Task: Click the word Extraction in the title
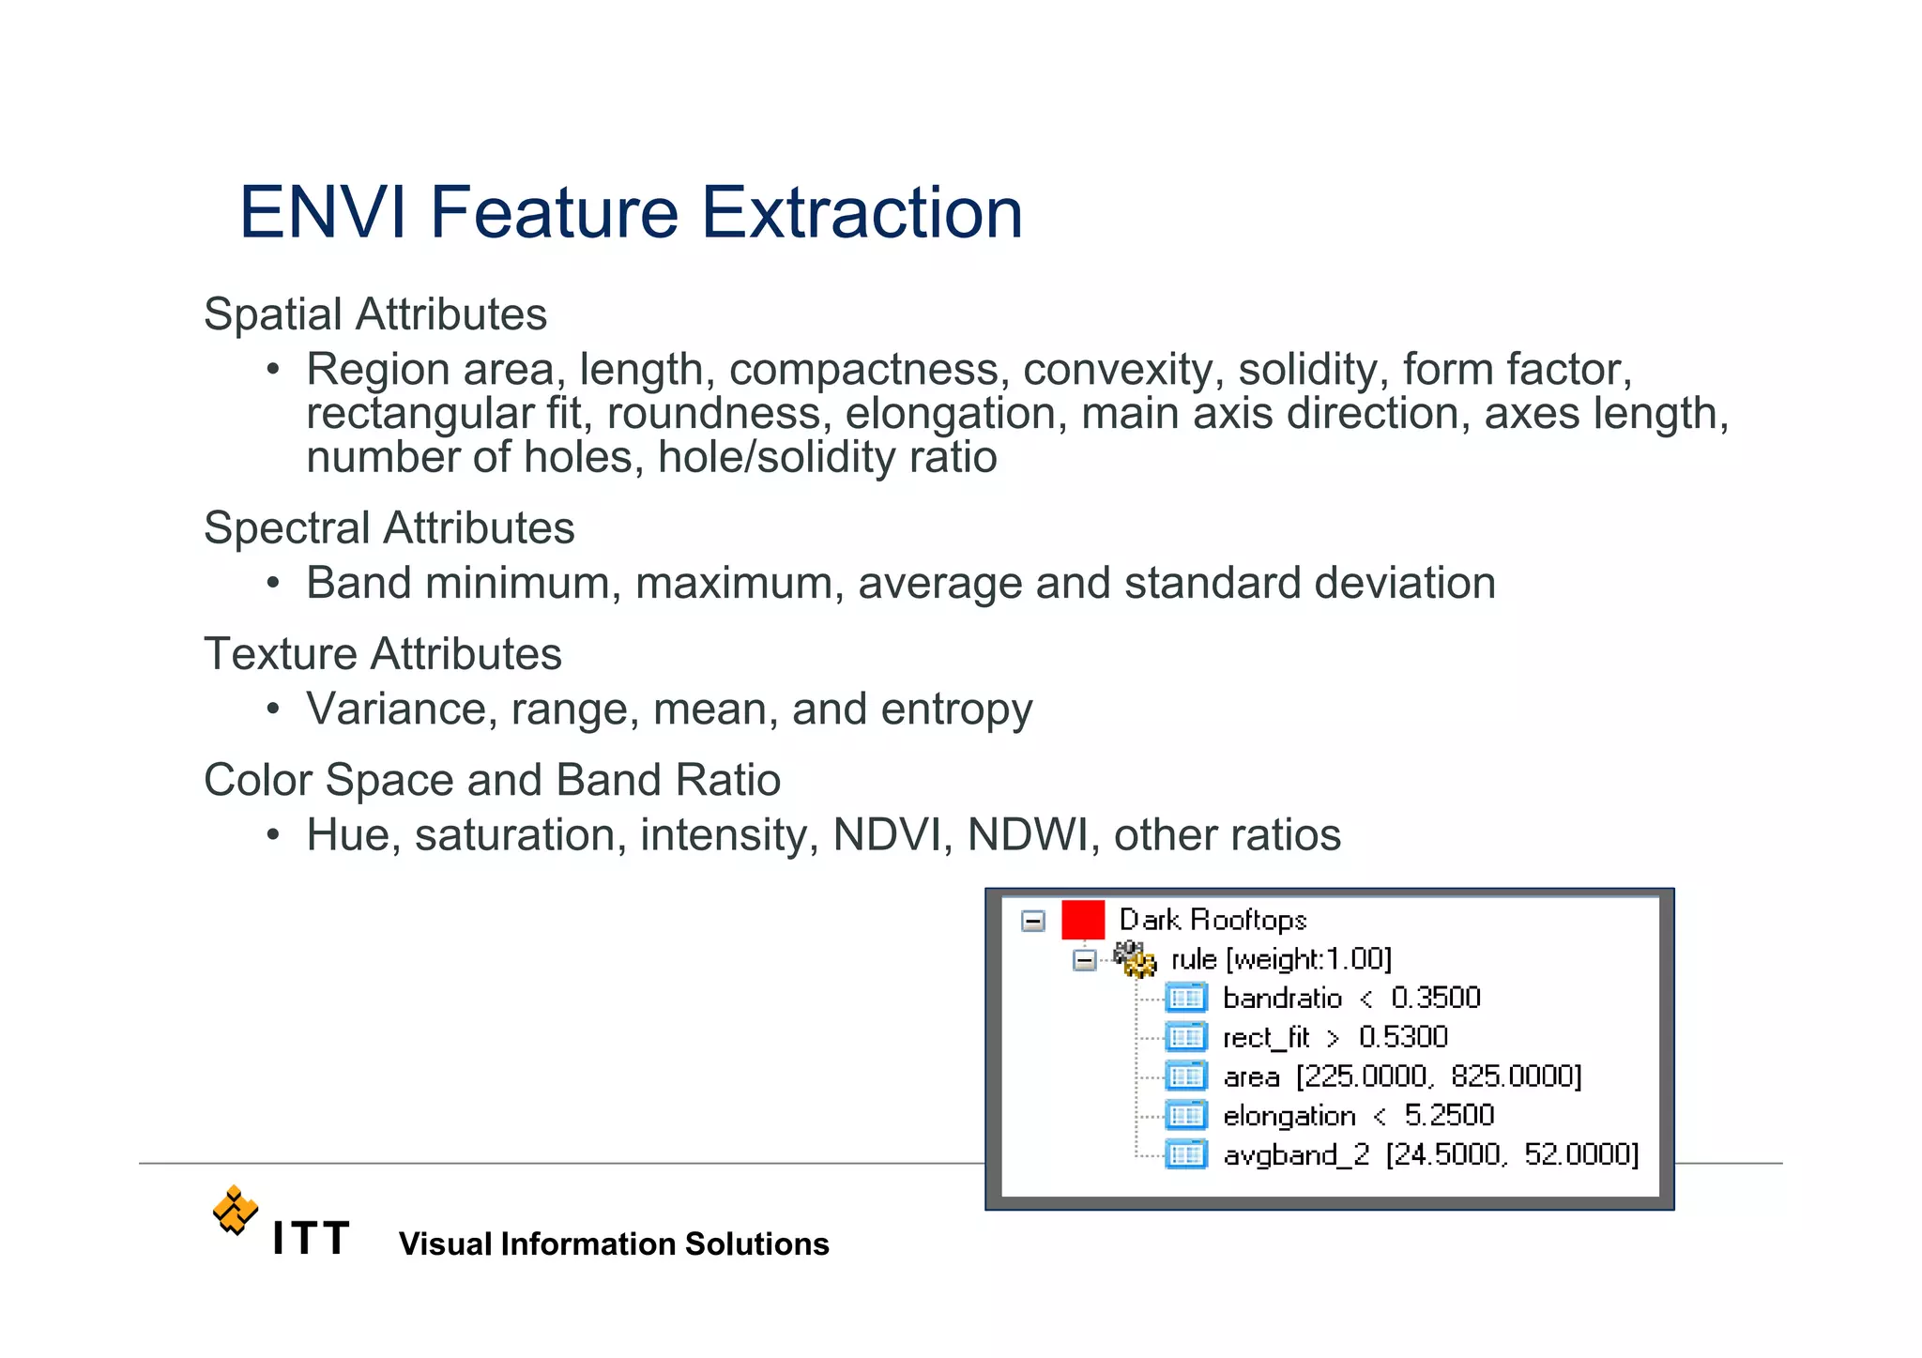point(862,213)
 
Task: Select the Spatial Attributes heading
point(374,314)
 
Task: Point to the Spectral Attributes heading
point(389,527)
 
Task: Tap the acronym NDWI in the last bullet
point(1027,835)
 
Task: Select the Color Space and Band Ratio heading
point(492,780)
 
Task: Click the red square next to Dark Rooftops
point(1082,920)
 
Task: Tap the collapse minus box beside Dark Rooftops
point(1032,921)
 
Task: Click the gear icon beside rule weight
point(1135,959)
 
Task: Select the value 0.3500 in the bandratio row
point(1435,998)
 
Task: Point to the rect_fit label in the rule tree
point(1265,1037)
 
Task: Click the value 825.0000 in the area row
point(1515,1076)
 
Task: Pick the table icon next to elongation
point(1185,1115)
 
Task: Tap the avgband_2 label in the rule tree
point(1296,1154)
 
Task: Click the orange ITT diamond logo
point(235,1210)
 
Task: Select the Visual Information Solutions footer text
point(614,1244)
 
